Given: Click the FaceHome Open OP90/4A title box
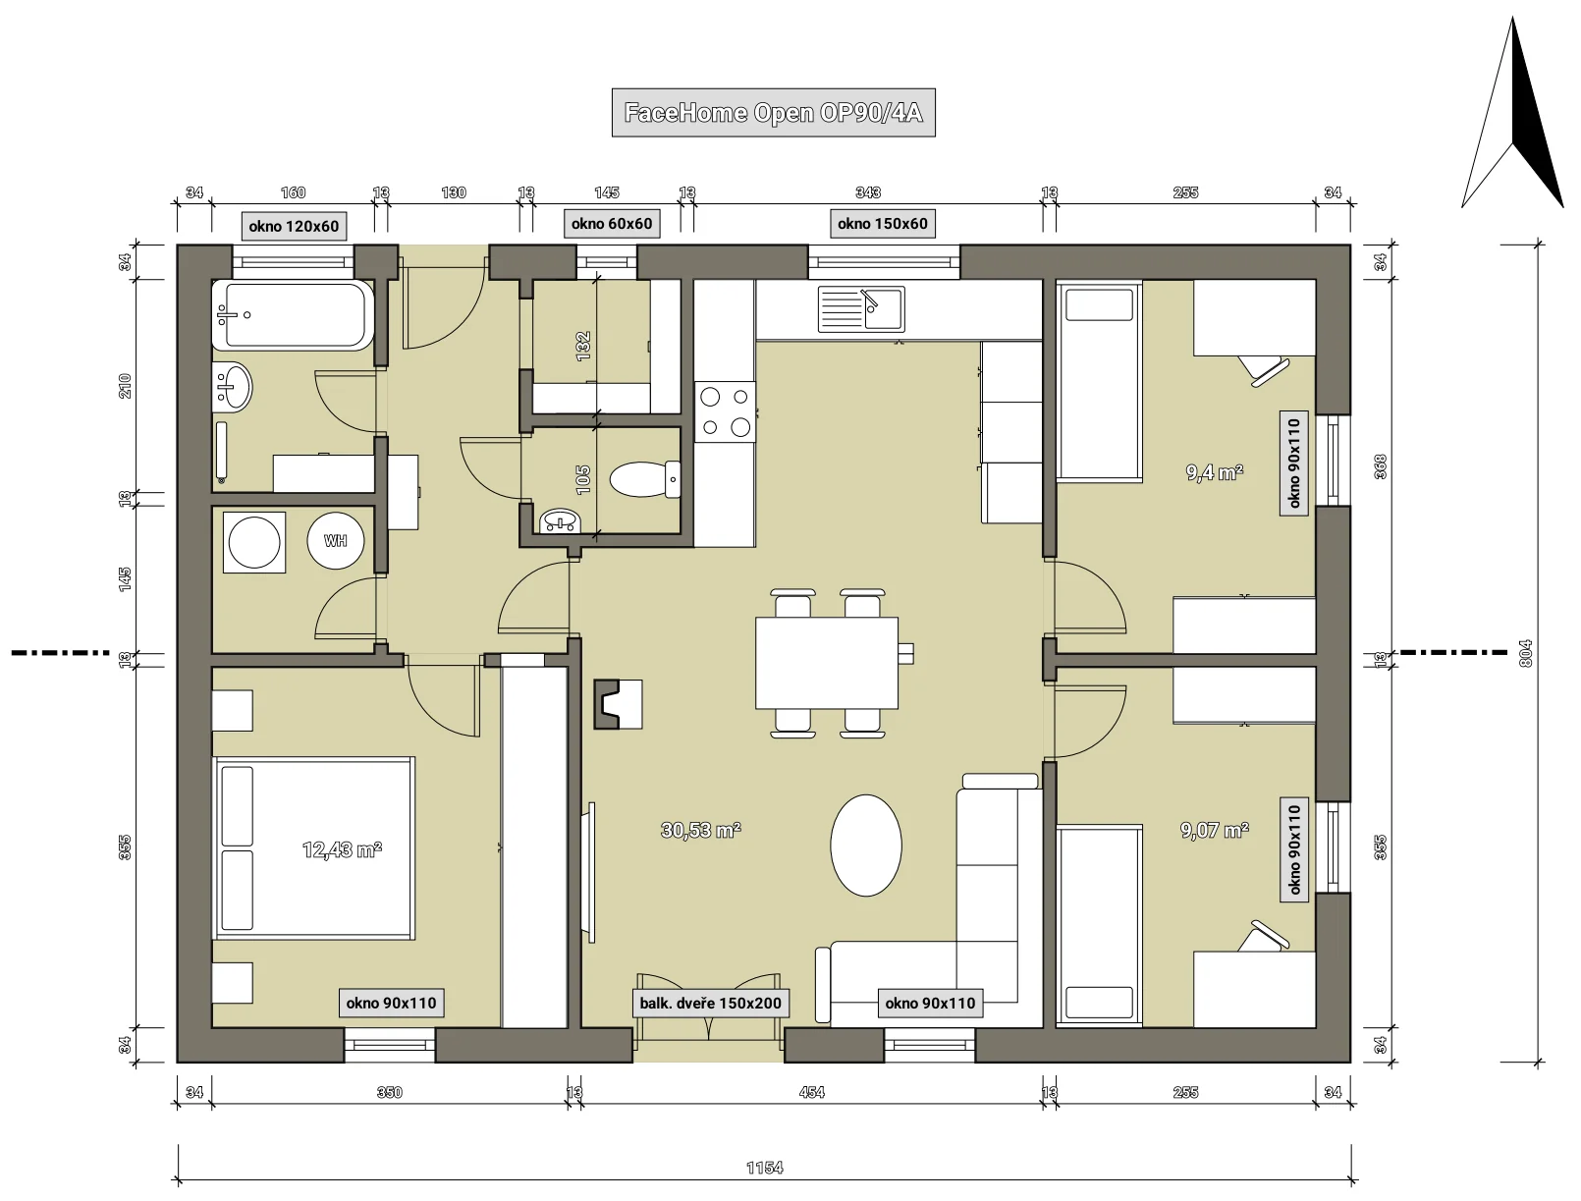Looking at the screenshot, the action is tap(773, 112).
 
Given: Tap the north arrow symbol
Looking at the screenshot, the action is tap(1512, 115).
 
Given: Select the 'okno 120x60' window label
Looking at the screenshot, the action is tap(294, 226).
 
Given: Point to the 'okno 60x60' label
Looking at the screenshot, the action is tap(612, 224).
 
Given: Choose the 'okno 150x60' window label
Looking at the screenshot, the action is tap(883, 224).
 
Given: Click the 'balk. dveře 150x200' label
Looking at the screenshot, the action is tap(710, 1003).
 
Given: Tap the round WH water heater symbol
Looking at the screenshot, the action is tap(335, 541).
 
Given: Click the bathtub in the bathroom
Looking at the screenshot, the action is tap(293, 315).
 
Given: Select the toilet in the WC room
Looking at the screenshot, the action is tap(644, 479).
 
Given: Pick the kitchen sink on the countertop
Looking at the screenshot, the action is tap(861, 309).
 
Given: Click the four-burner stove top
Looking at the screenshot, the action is tap(725, 411).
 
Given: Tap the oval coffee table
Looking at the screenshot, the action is tap(866, 846).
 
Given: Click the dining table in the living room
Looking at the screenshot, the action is tap(826, 663).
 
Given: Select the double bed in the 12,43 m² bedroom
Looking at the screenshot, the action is tap(313, 848).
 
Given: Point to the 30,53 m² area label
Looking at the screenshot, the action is tap(701, 830).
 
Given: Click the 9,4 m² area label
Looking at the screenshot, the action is tap(1215, 472).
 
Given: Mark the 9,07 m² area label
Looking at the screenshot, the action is tap(1215, 830).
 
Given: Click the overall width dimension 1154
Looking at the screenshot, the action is tap(764, 1168).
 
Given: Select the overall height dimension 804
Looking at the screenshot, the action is tap(1525, 654).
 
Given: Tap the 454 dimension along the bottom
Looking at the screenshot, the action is tap(812, 1092).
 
